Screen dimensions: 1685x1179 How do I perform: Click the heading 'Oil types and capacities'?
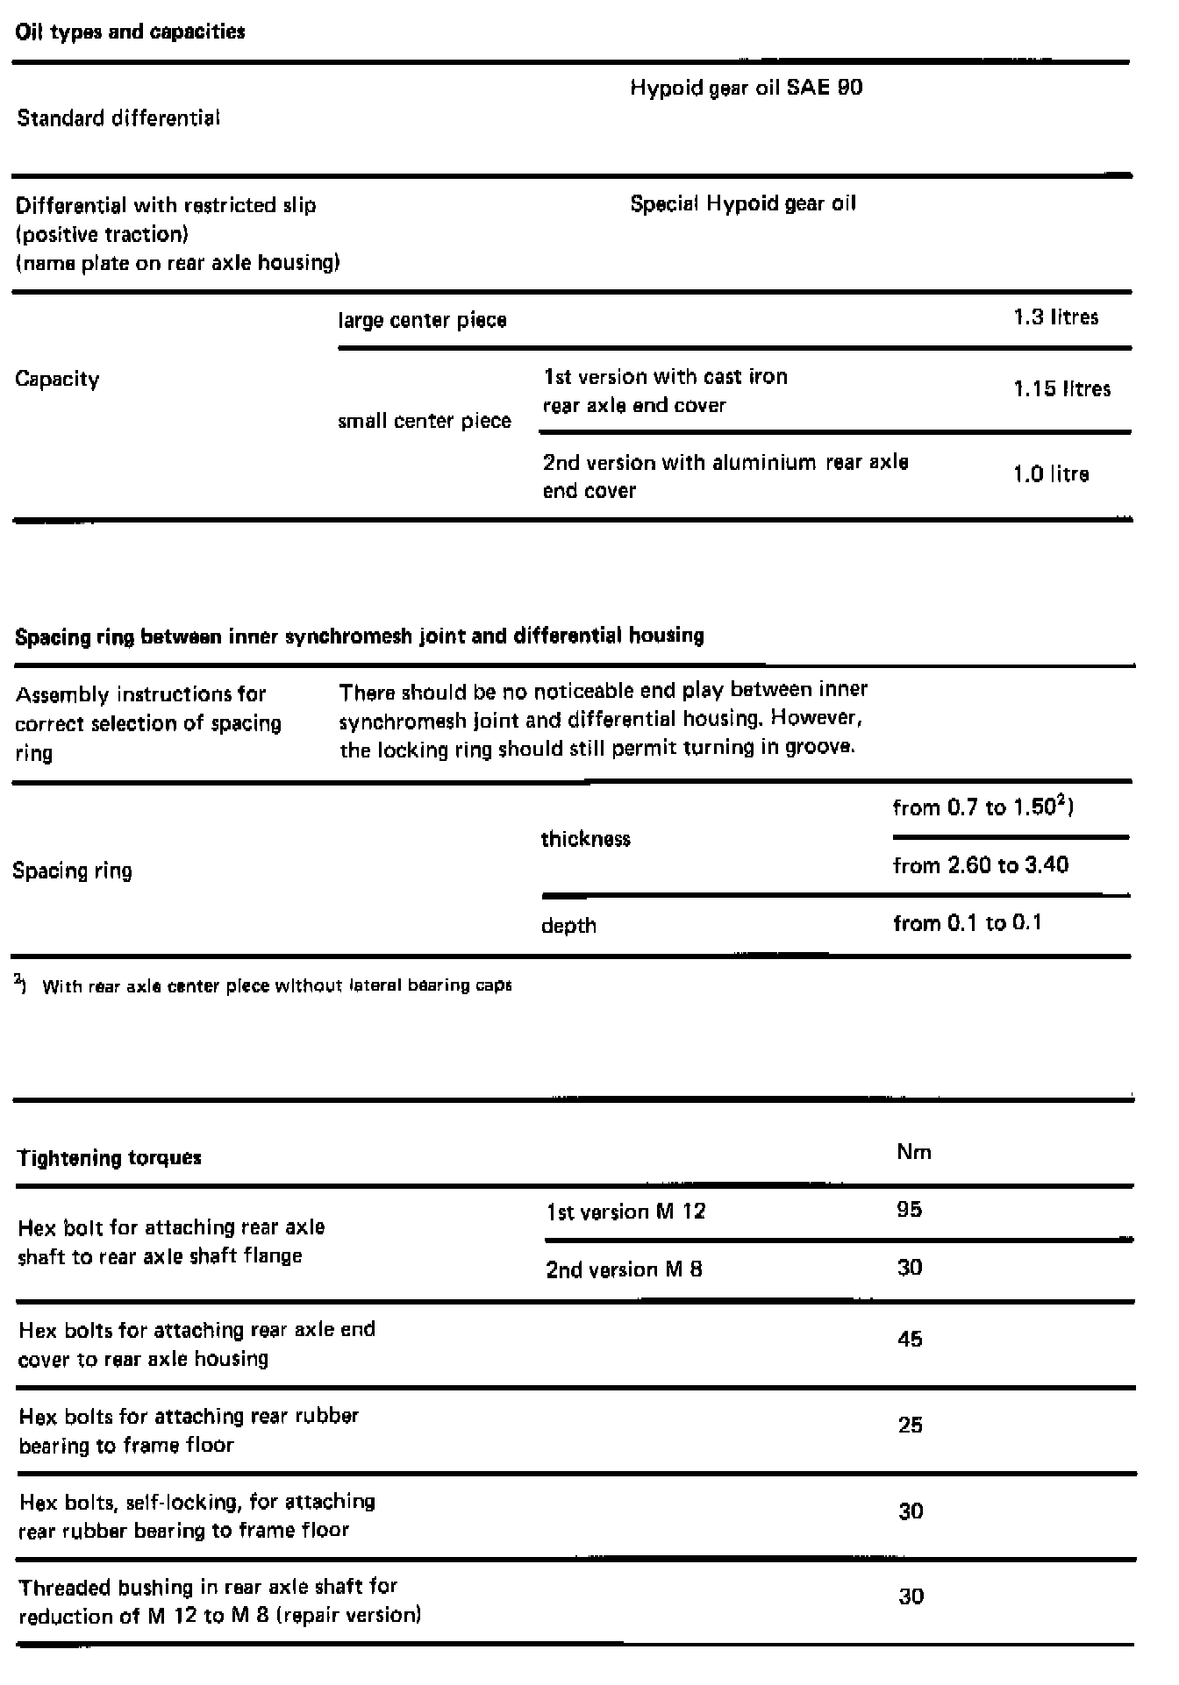tap(131, 32)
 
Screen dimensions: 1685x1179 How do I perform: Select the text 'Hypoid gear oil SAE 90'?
tap(746, 88)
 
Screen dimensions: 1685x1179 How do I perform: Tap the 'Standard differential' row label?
tap(118, 118)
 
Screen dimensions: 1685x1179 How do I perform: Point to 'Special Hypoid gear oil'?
tap(743, 204)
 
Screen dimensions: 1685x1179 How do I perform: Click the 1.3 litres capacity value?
tap(1055, 317)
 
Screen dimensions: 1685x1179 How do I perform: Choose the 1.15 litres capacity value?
tap(1061, 389)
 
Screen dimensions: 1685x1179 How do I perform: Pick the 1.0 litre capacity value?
tap(1051, 474)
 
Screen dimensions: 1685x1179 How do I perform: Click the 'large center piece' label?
tap(422, 320)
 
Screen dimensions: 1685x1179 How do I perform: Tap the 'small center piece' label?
tap(425, 421)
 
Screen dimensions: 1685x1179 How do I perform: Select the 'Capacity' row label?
tap(57, 380)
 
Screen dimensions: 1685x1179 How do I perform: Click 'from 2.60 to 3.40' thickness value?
tap(980, 865)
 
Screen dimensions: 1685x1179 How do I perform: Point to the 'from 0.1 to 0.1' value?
tap(967, 923)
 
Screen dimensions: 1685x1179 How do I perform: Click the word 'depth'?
tap(568, 926)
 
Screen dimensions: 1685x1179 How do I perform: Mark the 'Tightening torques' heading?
tap(110, 1158)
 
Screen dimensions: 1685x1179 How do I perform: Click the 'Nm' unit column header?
tap(914, 1152)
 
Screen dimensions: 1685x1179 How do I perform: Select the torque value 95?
tap(910, 1210)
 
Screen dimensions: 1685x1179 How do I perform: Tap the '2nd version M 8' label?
tap(624, 1269)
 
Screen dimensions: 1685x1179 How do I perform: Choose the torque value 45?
tap(910, 1339)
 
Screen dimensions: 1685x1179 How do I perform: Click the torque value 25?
tap(910, 1425)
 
